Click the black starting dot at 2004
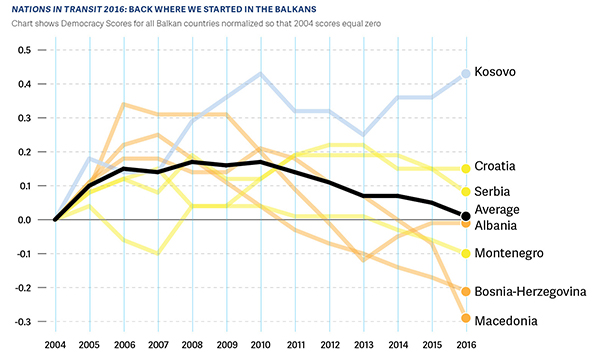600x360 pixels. pos(55,220)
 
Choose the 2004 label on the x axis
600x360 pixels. pos(55,344)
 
